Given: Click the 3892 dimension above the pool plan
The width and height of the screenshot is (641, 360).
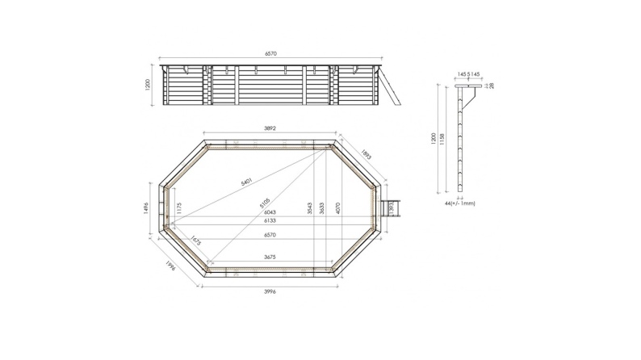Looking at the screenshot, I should [x=270, y=128].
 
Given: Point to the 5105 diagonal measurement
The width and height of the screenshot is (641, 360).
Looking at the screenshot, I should [x=265, y=202].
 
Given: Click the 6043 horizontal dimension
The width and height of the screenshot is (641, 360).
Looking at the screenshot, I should [x=270, y=211].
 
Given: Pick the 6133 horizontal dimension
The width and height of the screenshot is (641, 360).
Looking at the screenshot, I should [x=270, y=220].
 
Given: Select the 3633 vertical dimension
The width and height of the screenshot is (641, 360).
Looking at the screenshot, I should [x=323, y=208].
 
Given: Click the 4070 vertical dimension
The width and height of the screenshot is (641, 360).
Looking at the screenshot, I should [x=337, y=208].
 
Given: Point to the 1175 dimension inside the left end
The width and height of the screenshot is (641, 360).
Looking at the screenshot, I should [x=178, y=208].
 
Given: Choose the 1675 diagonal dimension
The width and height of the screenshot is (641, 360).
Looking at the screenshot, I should [x=195, y=241].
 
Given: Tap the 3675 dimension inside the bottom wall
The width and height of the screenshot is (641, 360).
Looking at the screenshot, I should [x=270, y=257].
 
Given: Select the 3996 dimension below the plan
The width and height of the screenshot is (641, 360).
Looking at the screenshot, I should [x=270, y=291].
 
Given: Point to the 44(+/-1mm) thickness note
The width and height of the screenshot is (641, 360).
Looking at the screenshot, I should [x=459, y=203].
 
